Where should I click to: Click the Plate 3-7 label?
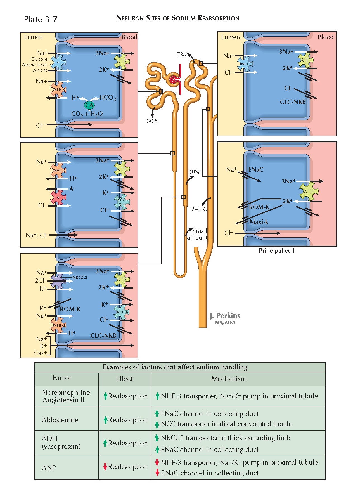click(41, 19)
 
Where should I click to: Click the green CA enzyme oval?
click(89, 105)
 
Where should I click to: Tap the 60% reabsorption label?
click(153, 121)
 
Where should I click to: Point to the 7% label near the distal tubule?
click(181, 55)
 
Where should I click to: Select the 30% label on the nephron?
click(194, 172)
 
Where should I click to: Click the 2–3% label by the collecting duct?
click(199, 209)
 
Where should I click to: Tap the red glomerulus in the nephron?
click(174, 80)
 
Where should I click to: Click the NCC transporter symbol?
click(245, 64)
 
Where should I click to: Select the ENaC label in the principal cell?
click(256, 170)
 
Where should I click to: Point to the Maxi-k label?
click(259, 222)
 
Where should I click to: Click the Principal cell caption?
click(276, 251)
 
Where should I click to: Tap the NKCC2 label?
click(80, 277)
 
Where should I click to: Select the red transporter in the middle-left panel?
click(58, 197)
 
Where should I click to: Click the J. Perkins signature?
click(225, 316)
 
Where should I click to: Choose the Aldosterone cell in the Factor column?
click(60, 420)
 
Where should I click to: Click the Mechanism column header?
click(229, 379)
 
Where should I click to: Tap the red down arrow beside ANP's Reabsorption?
click(105, 467)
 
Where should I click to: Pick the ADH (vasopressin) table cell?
click(61, 442)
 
